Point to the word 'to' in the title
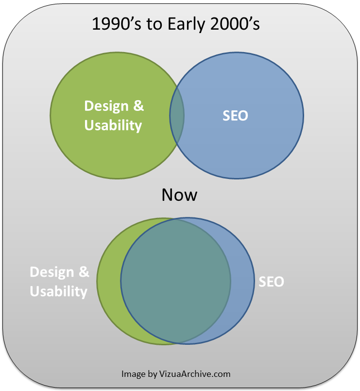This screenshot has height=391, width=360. tap(154, 24)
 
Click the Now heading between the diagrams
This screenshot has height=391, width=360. tap(179, 195)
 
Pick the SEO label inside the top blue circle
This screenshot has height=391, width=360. tap(235, 116)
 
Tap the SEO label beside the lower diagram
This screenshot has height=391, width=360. tap(271, 282)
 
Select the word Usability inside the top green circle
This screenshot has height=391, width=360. tap(113, 125)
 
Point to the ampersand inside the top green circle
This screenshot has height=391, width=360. tap(138, 106)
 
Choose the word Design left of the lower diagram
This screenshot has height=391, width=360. tap(52, 272)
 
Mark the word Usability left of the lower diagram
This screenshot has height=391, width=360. tap(58, 291)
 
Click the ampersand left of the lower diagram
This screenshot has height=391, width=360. tap(84, 272)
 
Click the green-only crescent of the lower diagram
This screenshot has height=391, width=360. tap(108, 281)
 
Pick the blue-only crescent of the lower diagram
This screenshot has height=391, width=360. tap(242, 281)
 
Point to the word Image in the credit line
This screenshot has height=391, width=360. tap(133, 374)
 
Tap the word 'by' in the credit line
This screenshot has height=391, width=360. tap(152, 374)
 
